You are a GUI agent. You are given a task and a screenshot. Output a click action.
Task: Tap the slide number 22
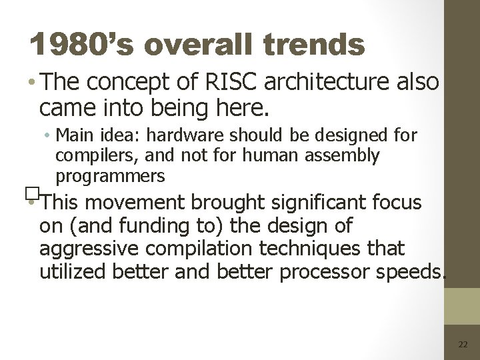click(x=463, y=343)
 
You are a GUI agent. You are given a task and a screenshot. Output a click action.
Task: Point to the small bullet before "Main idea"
click(x=51, y=137)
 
